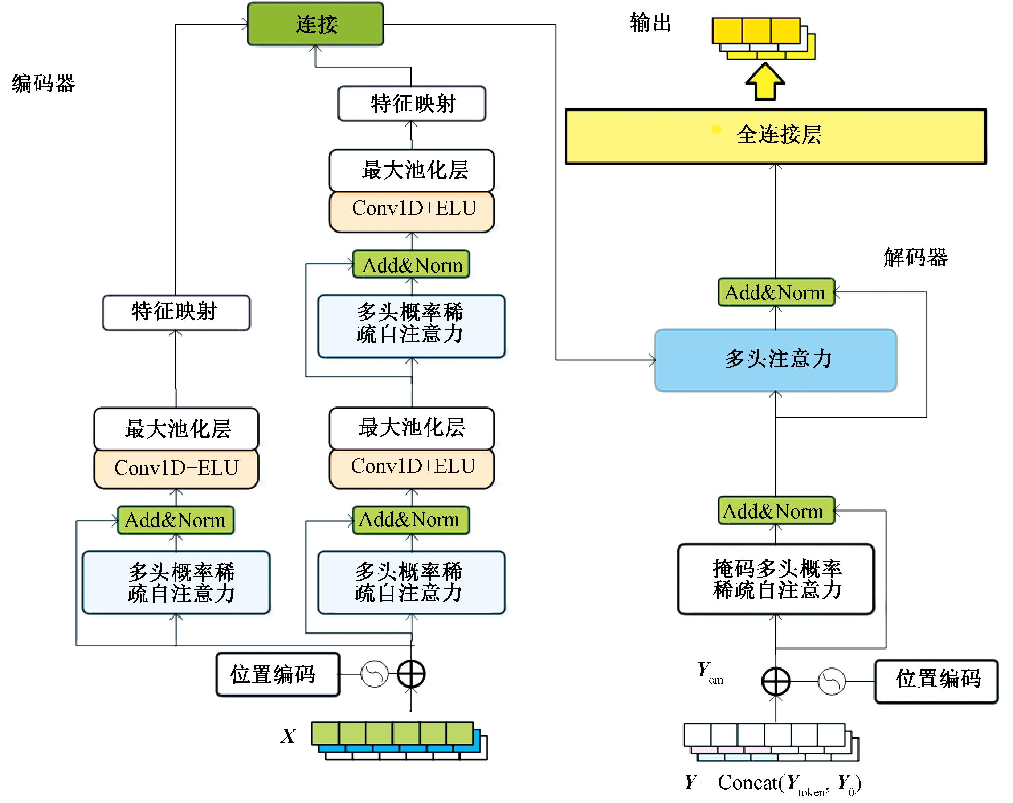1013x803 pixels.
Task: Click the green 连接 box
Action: [315, 24]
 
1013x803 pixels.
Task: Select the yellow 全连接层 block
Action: [775, 136]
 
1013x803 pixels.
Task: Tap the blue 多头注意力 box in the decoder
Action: [775, 360]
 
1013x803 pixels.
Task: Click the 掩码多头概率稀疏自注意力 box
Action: [776, 579]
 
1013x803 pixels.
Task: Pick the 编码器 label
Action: [43, 83]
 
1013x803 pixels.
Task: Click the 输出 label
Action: [650, 22]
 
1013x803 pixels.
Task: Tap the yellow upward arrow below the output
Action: [765, 82]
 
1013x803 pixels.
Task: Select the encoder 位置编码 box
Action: [278, 674]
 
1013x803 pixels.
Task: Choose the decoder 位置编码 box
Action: [936, 681]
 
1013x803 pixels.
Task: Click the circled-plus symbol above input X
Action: [411, 674]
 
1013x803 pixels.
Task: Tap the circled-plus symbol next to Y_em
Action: [776, 681]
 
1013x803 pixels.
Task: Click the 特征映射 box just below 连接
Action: [412, 103]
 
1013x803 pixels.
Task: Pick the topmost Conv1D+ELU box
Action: [412, 209]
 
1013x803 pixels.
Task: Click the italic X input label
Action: [289, 736]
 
